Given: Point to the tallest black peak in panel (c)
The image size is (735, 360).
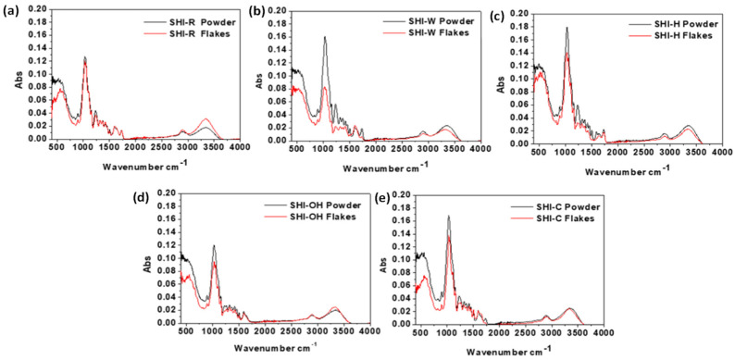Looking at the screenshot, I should [x=566, y=29].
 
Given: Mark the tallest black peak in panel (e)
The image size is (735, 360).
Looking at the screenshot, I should [x=448, y=217].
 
